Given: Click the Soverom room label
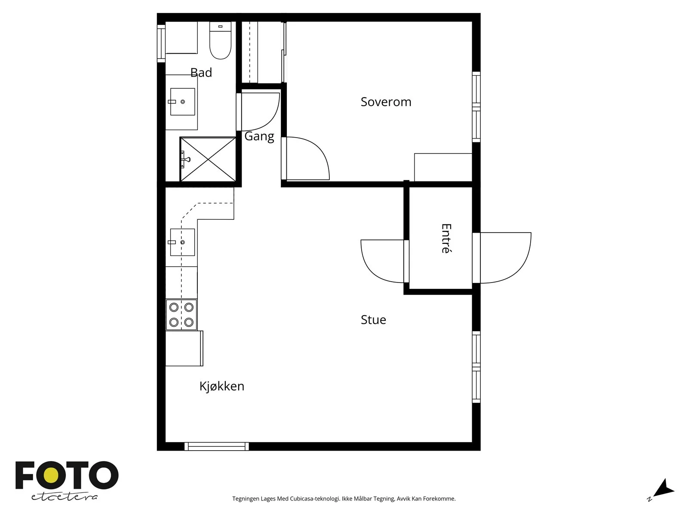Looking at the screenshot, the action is point(386,102).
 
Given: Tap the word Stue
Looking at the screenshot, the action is point(373,319).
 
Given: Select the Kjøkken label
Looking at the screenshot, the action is point(221,386).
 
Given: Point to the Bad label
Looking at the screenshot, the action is point(201,72).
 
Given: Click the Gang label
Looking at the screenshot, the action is point(259,137).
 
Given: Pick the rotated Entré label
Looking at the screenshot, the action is point(446,238).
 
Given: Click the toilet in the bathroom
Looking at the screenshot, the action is point(220,40).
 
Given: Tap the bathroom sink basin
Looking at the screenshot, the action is point(182,101).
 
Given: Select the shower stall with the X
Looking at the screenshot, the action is point(208,159).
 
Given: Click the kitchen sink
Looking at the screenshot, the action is point(182,242).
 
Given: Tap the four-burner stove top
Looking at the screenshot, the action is point(181,315).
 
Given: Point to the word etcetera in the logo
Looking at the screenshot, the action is point(64,497).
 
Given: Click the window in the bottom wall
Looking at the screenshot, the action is point(217,446).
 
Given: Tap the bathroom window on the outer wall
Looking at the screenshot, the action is point(161,43).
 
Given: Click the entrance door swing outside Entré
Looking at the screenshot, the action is point(505,258).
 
